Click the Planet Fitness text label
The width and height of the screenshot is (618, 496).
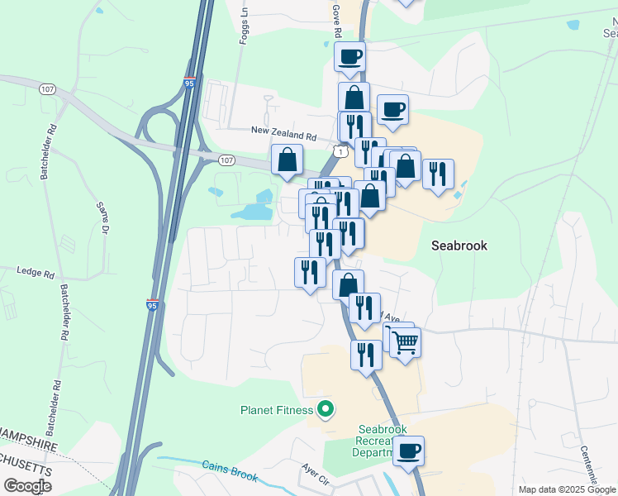(276, 410)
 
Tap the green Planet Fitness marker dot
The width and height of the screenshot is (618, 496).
(326, 408)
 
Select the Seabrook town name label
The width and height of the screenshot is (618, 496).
(459, 246)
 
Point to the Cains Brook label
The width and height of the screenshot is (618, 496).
(231, 471)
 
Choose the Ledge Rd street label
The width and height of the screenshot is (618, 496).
(36, 271)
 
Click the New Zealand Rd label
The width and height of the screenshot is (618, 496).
(283, 132)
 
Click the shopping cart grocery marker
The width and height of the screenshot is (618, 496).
(405, 341)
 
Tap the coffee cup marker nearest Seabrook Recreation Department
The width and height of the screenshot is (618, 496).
(408, 451)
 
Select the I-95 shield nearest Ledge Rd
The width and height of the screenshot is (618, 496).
(152, 305)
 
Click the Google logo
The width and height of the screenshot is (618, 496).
(28, 486)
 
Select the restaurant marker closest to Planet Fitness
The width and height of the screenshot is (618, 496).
(366, 355)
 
